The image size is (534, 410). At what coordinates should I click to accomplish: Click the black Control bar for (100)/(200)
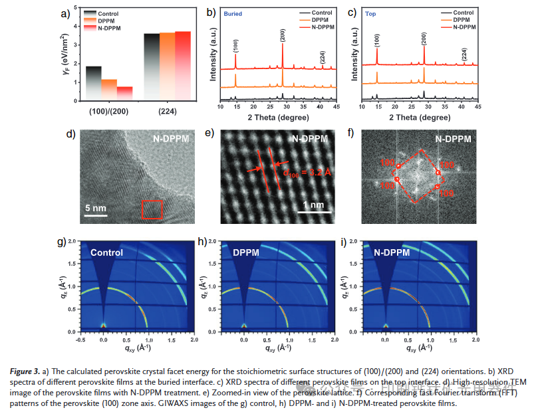(x=94, y=83)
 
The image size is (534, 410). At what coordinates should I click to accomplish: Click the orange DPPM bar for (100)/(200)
(x=109, y=89)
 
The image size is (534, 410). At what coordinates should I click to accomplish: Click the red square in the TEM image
(x=152, y=209)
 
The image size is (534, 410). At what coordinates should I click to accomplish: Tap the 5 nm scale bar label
(x=95, y=208)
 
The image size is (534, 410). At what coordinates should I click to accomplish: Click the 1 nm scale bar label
(x=311, y=204)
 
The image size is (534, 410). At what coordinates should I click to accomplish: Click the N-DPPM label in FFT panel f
(x=453, y=139)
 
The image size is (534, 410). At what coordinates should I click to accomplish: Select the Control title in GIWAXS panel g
(x=107, y=253)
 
